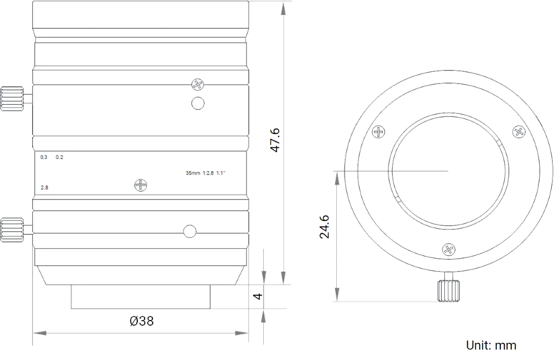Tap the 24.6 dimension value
click(325, 227)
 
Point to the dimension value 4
click(258, 296)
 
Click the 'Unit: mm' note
click(492, 345)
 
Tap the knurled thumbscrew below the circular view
click(449, 289)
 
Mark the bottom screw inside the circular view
click(447, 249)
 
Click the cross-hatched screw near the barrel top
click(198, 85)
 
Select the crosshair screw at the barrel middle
click(141, 185)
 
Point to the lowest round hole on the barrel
click(190, 231)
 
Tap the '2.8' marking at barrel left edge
click(44, 188)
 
